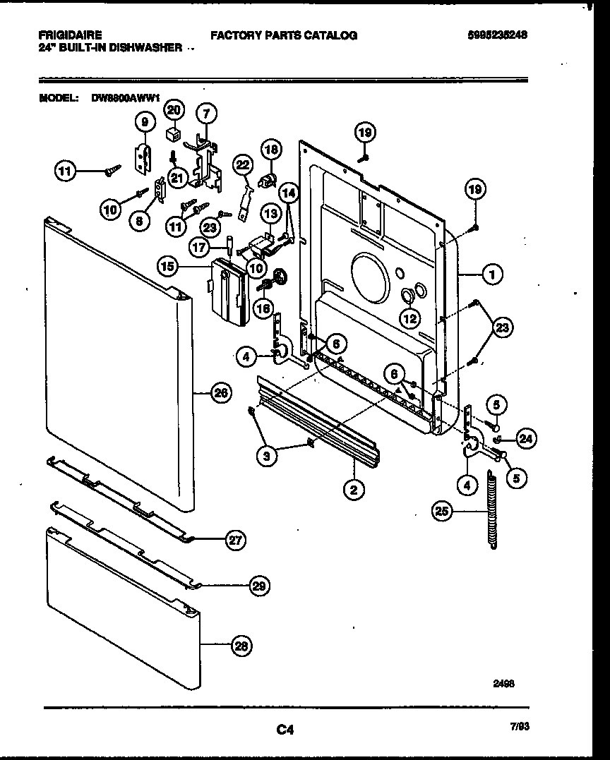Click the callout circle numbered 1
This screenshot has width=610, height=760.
(x=493, y=274)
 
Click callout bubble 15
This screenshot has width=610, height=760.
(x=167, y=267)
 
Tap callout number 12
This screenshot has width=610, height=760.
(x=409, y=319)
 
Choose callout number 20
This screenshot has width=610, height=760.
(x=174, y=109)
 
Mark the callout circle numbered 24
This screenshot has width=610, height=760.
(x=525, y=439)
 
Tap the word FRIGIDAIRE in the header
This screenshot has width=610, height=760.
(x=68, y=35)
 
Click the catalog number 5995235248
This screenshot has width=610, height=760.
(x=498, y=35)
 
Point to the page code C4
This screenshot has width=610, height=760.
(x=285, y=730)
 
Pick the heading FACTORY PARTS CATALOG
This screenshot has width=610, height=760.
(x=284, y=35)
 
